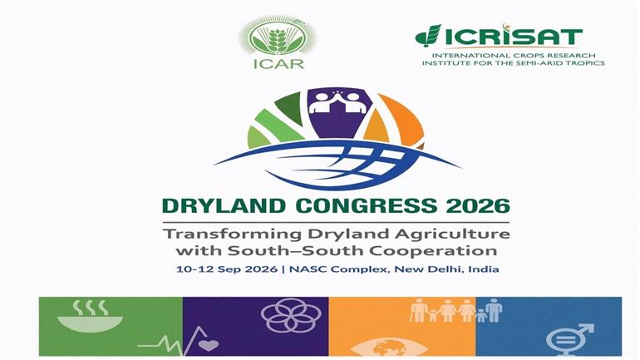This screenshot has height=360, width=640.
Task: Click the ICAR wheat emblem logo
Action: tap(278, 37)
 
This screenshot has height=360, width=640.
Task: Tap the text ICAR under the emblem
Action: tap(278, 64)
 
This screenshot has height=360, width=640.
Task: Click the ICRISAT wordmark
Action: tap(499, 37)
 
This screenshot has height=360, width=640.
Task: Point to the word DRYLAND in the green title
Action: tap(224, 205)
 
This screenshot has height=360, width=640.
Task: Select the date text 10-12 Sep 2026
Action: tap(227, 269)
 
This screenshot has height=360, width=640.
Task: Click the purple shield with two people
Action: tap(337, 113)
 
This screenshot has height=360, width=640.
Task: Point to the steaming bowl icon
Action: tap(90, 316)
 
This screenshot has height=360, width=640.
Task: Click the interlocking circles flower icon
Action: tap(291, 315)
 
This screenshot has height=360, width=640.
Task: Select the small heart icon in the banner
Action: tap(209, 345)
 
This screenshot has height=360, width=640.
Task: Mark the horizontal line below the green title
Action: tap(336, 223)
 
